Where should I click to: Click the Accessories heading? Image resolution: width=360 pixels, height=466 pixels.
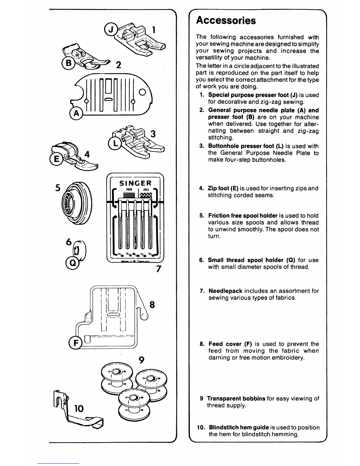(x=226, y=21)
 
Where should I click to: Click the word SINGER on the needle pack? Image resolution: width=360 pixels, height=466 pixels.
(x=135, y=183)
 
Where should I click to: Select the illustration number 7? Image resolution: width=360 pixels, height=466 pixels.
(x=159, y=269)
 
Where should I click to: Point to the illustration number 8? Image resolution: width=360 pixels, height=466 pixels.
(x=152, y=304)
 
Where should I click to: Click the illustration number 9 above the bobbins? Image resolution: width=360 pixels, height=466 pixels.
(x=141, y=360)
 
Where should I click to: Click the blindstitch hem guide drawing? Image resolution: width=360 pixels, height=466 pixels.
(x=78, y=412)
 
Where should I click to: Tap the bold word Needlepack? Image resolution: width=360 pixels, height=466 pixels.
(x=225, y=291)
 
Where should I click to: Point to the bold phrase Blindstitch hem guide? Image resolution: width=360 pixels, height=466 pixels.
(x=239, y=427)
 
